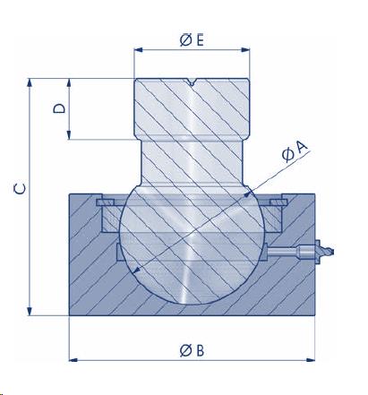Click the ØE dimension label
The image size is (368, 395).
point(192,40)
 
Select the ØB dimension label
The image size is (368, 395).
point(192,350)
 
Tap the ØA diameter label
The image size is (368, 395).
point(295,151)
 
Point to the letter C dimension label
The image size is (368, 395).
point(20,189)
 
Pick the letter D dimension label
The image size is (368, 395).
point(59,108)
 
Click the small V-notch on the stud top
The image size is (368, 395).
point(192,82)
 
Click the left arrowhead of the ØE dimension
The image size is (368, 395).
point(139,50)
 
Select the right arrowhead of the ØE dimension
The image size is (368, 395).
point(245,50)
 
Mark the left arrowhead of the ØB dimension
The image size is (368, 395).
point(73,360)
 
